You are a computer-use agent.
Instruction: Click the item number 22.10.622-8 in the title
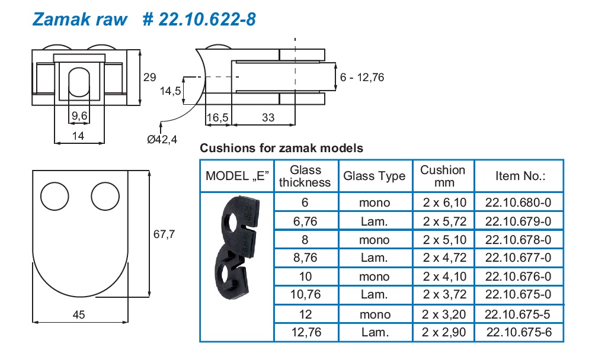[x=200, y=19]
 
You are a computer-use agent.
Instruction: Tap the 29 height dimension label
[x=150, y=76]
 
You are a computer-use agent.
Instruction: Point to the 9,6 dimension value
[x=79, y=117]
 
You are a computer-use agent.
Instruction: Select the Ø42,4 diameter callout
[x=162, y=139]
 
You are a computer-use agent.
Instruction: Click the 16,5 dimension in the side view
[x=217, y=118]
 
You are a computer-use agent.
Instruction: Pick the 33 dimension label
[x=268, y=118]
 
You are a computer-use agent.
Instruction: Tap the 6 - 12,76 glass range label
[x=362, y=77]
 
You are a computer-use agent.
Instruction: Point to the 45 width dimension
[x=78, y=315]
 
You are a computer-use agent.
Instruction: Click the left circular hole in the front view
[x=55, y=195]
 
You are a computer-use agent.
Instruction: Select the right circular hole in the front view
[x=105, y=195]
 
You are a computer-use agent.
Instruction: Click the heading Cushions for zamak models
[x=281, y=148]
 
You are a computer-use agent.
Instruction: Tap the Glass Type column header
[x=375, y=176]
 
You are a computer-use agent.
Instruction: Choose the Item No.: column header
[x=520, y=176]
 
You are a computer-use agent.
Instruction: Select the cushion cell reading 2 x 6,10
[x=443, y=202]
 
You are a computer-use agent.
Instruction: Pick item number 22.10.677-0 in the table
[x=518, y=258]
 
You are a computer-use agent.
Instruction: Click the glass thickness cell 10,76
[x=306, y=294]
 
